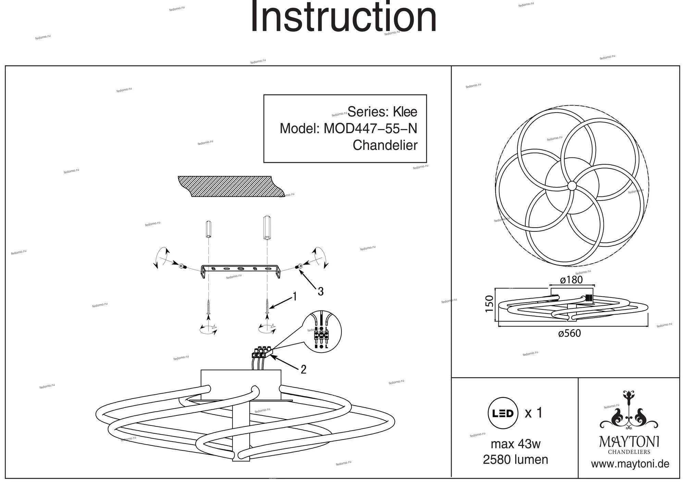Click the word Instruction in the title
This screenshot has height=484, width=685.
(x=344, y=17)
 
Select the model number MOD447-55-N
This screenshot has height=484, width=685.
(x=370, y=129)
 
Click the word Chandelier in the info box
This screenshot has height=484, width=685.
(x=385, y=145)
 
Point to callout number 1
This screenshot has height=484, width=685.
(x=294, y=296)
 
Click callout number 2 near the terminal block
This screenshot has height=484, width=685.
(x=303, y=369)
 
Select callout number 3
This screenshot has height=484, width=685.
(x=320, y=292)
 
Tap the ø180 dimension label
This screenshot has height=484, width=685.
(x=571, y=280)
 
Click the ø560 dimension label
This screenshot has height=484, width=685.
(x=569, y=333)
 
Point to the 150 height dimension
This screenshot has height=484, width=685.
(x=489, y=303)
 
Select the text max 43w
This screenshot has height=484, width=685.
(x=515, y=444)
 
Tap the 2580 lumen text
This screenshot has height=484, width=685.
(x=515, y=459)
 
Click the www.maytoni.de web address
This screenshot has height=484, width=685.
(x=630, y=464)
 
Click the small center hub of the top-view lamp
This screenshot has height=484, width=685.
(x=572, y=186)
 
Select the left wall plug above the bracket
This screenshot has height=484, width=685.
(x=208, y=229)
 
